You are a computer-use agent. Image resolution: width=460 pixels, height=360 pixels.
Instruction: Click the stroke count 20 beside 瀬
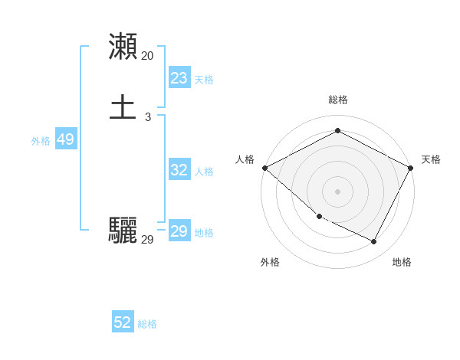tap(147, 55)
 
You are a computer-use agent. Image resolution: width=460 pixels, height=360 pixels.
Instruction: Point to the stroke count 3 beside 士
tap(147, 117)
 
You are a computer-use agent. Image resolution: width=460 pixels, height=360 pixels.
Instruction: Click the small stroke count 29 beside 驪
tap(147, 240)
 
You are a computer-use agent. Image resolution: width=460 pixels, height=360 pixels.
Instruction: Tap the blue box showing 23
tap(179, 78)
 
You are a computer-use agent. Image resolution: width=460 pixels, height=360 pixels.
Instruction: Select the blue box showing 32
tap(179, 170)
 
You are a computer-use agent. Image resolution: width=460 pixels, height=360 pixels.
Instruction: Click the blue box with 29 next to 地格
tap(179, 231)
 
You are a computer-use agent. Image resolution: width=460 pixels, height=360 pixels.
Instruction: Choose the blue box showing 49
tap(65, 139)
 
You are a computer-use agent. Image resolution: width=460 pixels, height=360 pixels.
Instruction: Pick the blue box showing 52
tap(123, 322)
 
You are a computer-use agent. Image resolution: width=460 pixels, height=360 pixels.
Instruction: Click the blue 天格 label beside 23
tap(204, 80)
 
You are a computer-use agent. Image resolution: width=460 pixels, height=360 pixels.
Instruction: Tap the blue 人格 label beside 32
tap(204, 172)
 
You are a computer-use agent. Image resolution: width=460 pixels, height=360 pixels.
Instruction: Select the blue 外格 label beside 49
tap(41, 141)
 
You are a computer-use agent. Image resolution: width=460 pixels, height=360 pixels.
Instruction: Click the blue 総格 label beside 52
tap(147, 324)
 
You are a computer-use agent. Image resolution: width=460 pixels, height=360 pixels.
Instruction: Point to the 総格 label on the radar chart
tap(337, 100)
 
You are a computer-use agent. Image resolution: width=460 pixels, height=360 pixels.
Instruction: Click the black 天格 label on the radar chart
tap(432, 159)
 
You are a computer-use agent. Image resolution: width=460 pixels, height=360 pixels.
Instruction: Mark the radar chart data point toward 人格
tap(264, 167)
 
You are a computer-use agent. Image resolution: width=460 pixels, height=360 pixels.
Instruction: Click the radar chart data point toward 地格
tap(374, 242)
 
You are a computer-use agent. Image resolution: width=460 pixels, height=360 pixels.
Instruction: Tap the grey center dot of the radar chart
tap(337, 190)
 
